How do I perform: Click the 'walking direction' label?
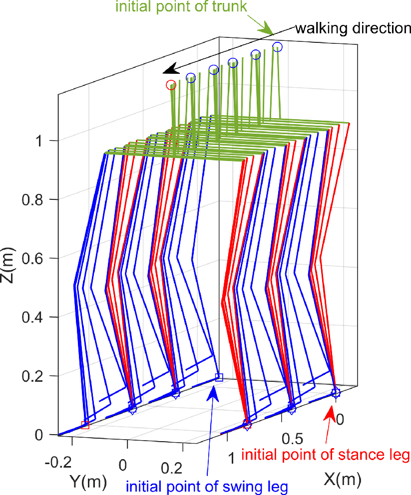tap(353, 28)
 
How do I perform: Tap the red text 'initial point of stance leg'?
tap(325, 455)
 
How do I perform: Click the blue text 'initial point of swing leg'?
tap(207, 486)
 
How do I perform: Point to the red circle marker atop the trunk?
tap(171, 85)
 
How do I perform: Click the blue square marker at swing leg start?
tap(219, 377)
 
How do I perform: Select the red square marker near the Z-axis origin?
tap(85, 425)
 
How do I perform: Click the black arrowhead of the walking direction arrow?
tap(171, 69)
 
